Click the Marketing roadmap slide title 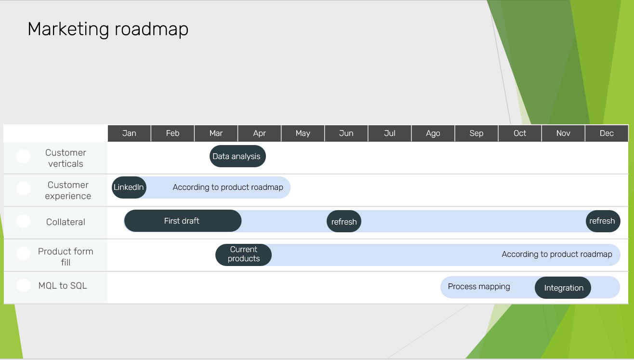tap(108, 29)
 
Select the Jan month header tap(129, 133)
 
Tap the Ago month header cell tap(433, 133)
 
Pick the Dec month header tap(607, 133)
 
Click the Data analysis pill tap(237, 156)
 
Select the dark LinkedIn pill tap(129, 187)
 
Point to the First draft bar tap(182, 221)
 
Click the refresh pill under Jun tap(344, 222)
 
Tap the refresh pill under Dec tap(602, 221)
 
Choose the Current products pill tap(243, 254)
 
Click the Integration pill tap(563, 288)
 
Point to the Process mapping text tap(479, 287)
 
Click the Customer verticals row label tap(66, 158)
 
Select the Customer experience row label tap(68, 190)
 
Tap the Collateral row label tap(66, 222)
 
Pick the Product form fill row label tap(66, 257)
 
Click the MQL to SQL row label tap(63, 286)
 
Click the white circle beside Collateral tap(23, 221)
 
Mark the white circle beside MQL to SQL tap(23, 285)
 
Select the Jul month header tap(390, 133)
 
